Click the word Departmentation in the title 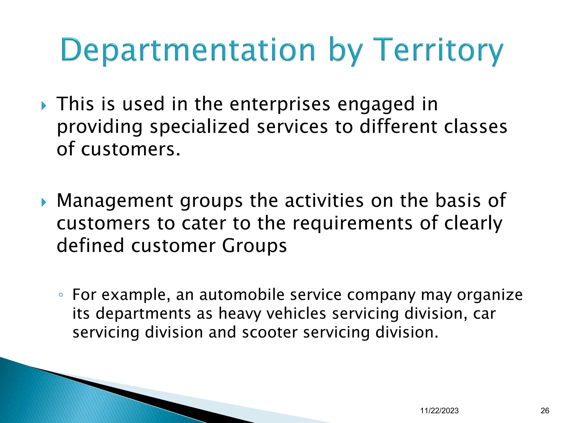pos(188,50)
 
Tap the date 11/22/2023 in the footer pos(439,411)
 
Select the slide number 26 pos(545,411)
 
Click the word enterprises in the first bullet pos(280,105)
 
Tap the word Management pos(115,201)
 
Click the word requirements pos(352,223)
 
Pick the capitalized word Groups pos(254,246)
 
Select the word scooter pos(270,332)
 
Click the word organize pos(490,295)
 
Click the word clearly pos(473,224)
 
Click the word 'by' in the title pos(344,51)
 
